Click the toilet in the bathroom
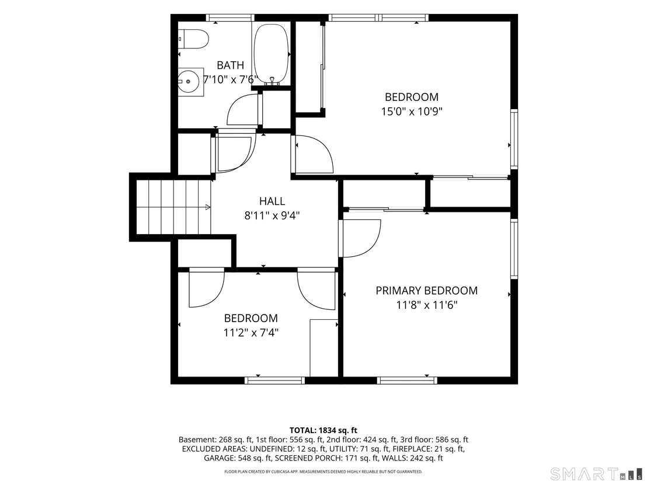(193, 39)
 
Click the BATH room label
(230, 65)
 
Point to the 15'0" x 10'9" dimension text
(412, 111)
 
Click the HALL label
(272, 201)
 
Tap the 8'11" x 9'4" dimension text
(272, 215)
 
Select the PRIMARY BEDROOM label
(427, 291)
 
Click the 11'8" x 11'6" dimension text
(427, 305)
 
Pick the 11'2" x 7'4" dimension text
(251, 333)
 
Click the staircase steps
(173, 207)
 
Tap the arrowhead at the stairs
(208, 207)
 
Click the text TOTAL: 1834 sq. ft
(323, 431)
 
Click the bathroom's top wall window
(229, 18)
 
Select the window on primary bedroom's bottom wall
(407, 381)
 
